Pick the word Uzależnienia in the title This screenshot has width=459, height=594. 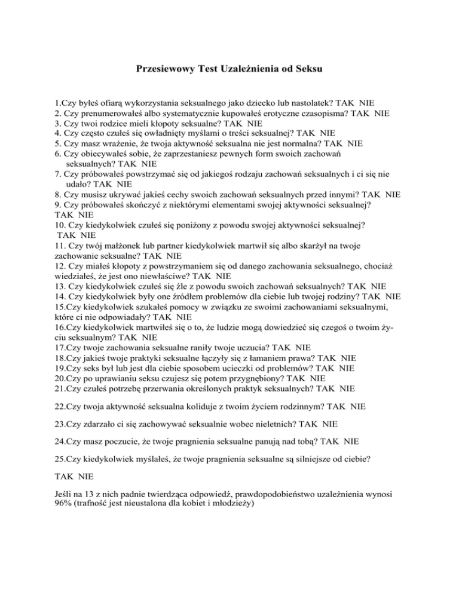click(x=246, y=69)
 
